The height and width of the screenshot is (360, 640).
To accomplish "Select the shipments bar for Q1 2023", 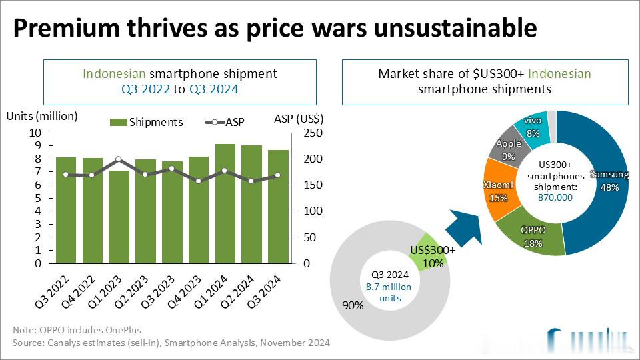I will click(119, 217).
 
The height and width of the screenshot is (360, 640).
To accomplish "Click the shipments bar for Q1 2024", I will click(225, 203).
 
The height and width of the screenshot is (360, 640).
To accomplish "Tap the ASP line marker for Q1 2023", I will click(119, 159).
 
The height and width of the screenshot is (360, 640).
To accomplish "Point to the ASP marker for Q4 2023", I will click(199, 181).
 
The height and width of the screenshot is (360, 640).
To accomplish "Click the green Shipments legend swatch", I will click(118, 122).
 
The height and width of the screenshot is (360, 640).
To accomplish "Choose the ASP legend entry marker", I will click(215, 122).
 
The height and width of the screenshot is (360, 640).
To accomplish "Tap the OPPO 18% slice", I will click(533, 237).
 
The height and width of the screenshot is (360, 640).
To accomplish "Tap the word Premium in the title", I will click(67, 28).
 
